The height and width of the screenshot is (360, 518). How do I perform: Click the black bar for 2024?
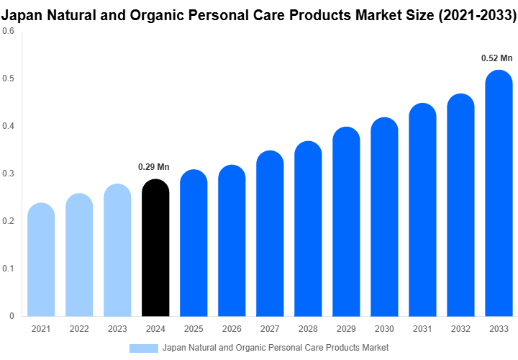coord(155,248)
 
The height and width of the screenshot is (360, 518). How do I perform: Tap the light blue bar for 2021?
coord(41,260)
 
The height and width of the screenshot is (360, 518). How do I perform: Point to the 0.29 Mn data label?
coord(153,167)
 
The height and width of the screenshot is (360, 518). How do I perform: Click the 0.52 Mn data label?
coord(496,58)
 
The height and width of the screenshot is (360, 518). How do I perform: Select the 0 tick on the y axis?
coord(12,316)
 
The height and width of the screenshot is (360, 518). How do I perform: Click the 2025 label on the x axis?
coord(194,329)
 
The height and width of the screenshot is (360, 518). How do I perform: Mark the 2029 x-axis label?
coord(346,329)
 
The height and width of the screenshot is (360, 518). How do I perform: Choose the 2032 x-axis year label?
coord(460,329)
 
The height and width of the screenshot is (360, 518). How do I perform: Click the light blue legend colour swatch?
coord(143,348)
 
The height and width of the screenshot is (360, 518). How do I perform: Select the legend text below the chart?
coord(276,348)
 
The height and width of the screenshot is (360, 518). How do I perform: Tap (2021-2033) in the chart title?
coord(476,14)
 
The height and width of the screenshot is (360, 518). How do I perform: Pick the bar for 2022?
coord(79,255)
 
